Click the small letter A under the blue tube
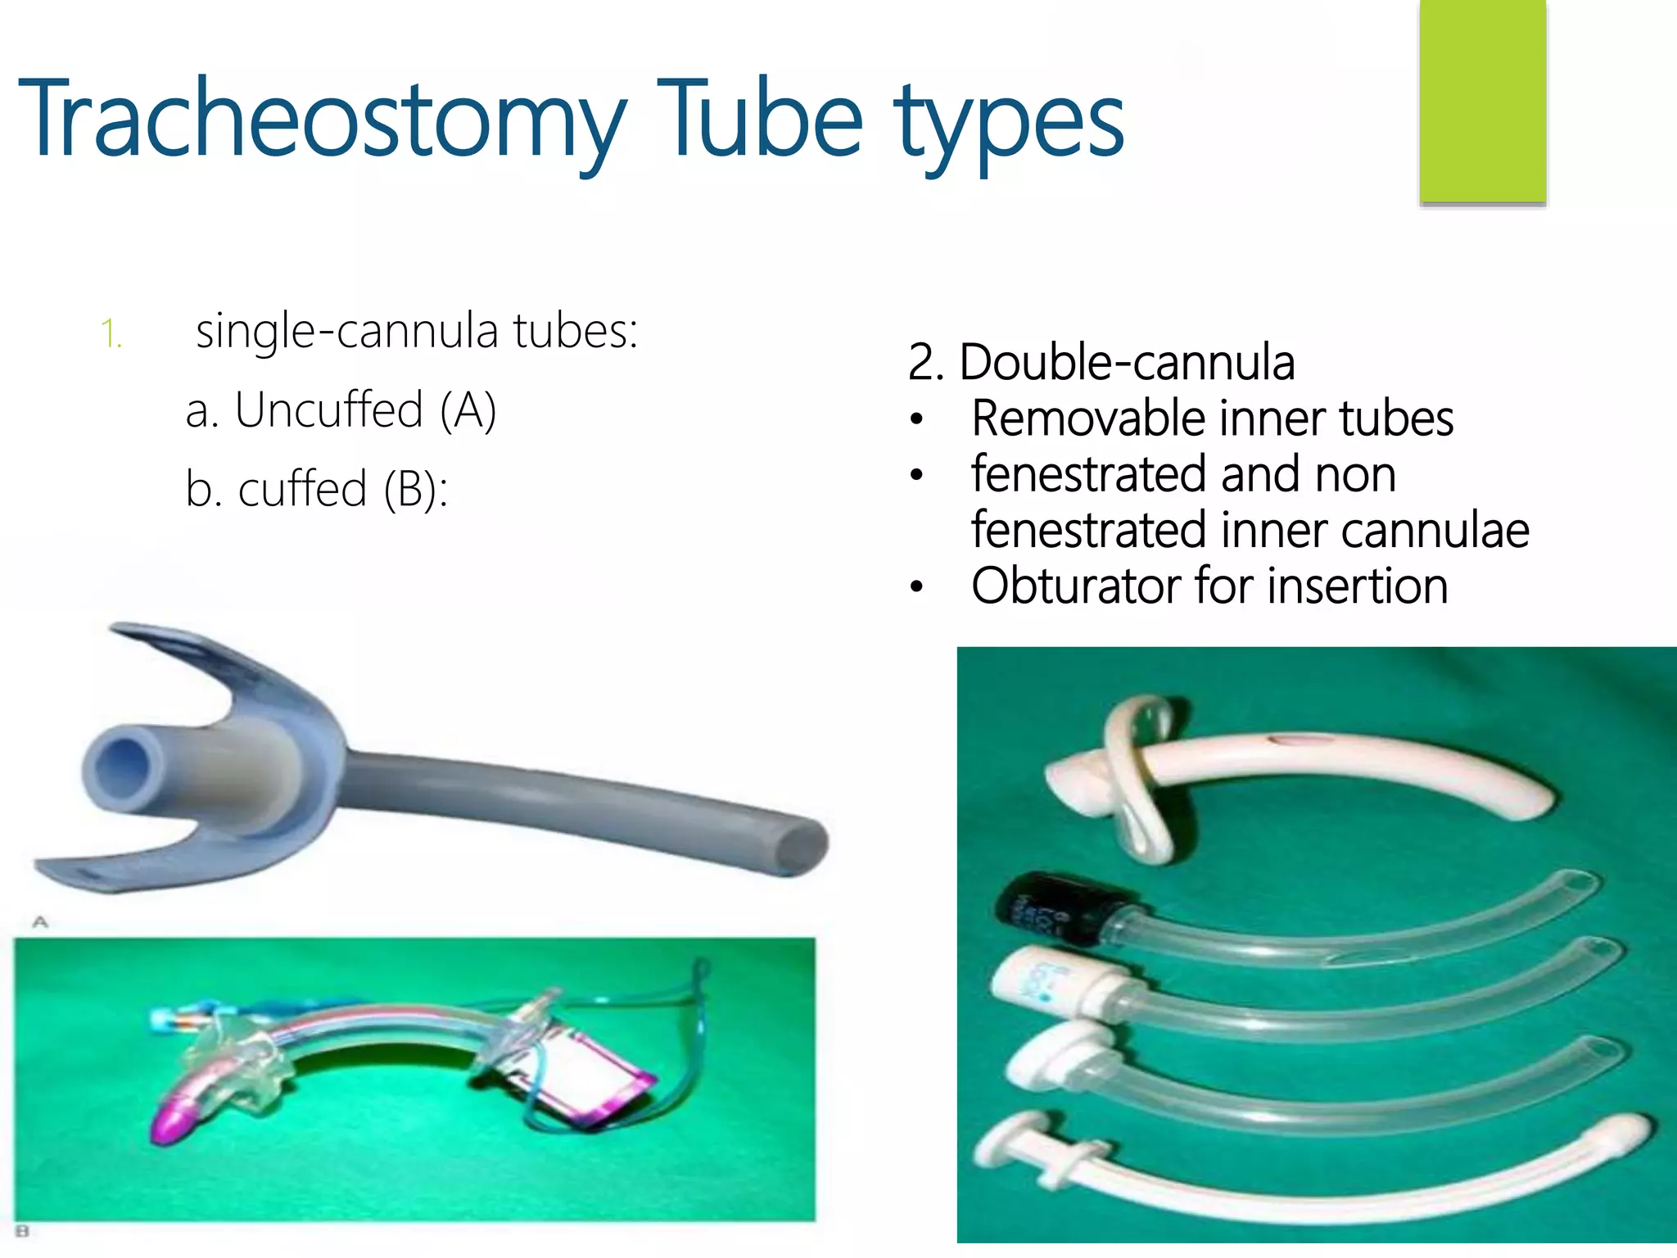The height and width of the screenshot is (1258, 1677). coord(39,922)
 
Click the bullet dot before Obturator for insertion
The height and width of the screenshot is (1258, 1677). coord(917,586)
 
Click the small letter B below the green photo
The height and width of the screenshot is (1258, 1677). coord(22,1231)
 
